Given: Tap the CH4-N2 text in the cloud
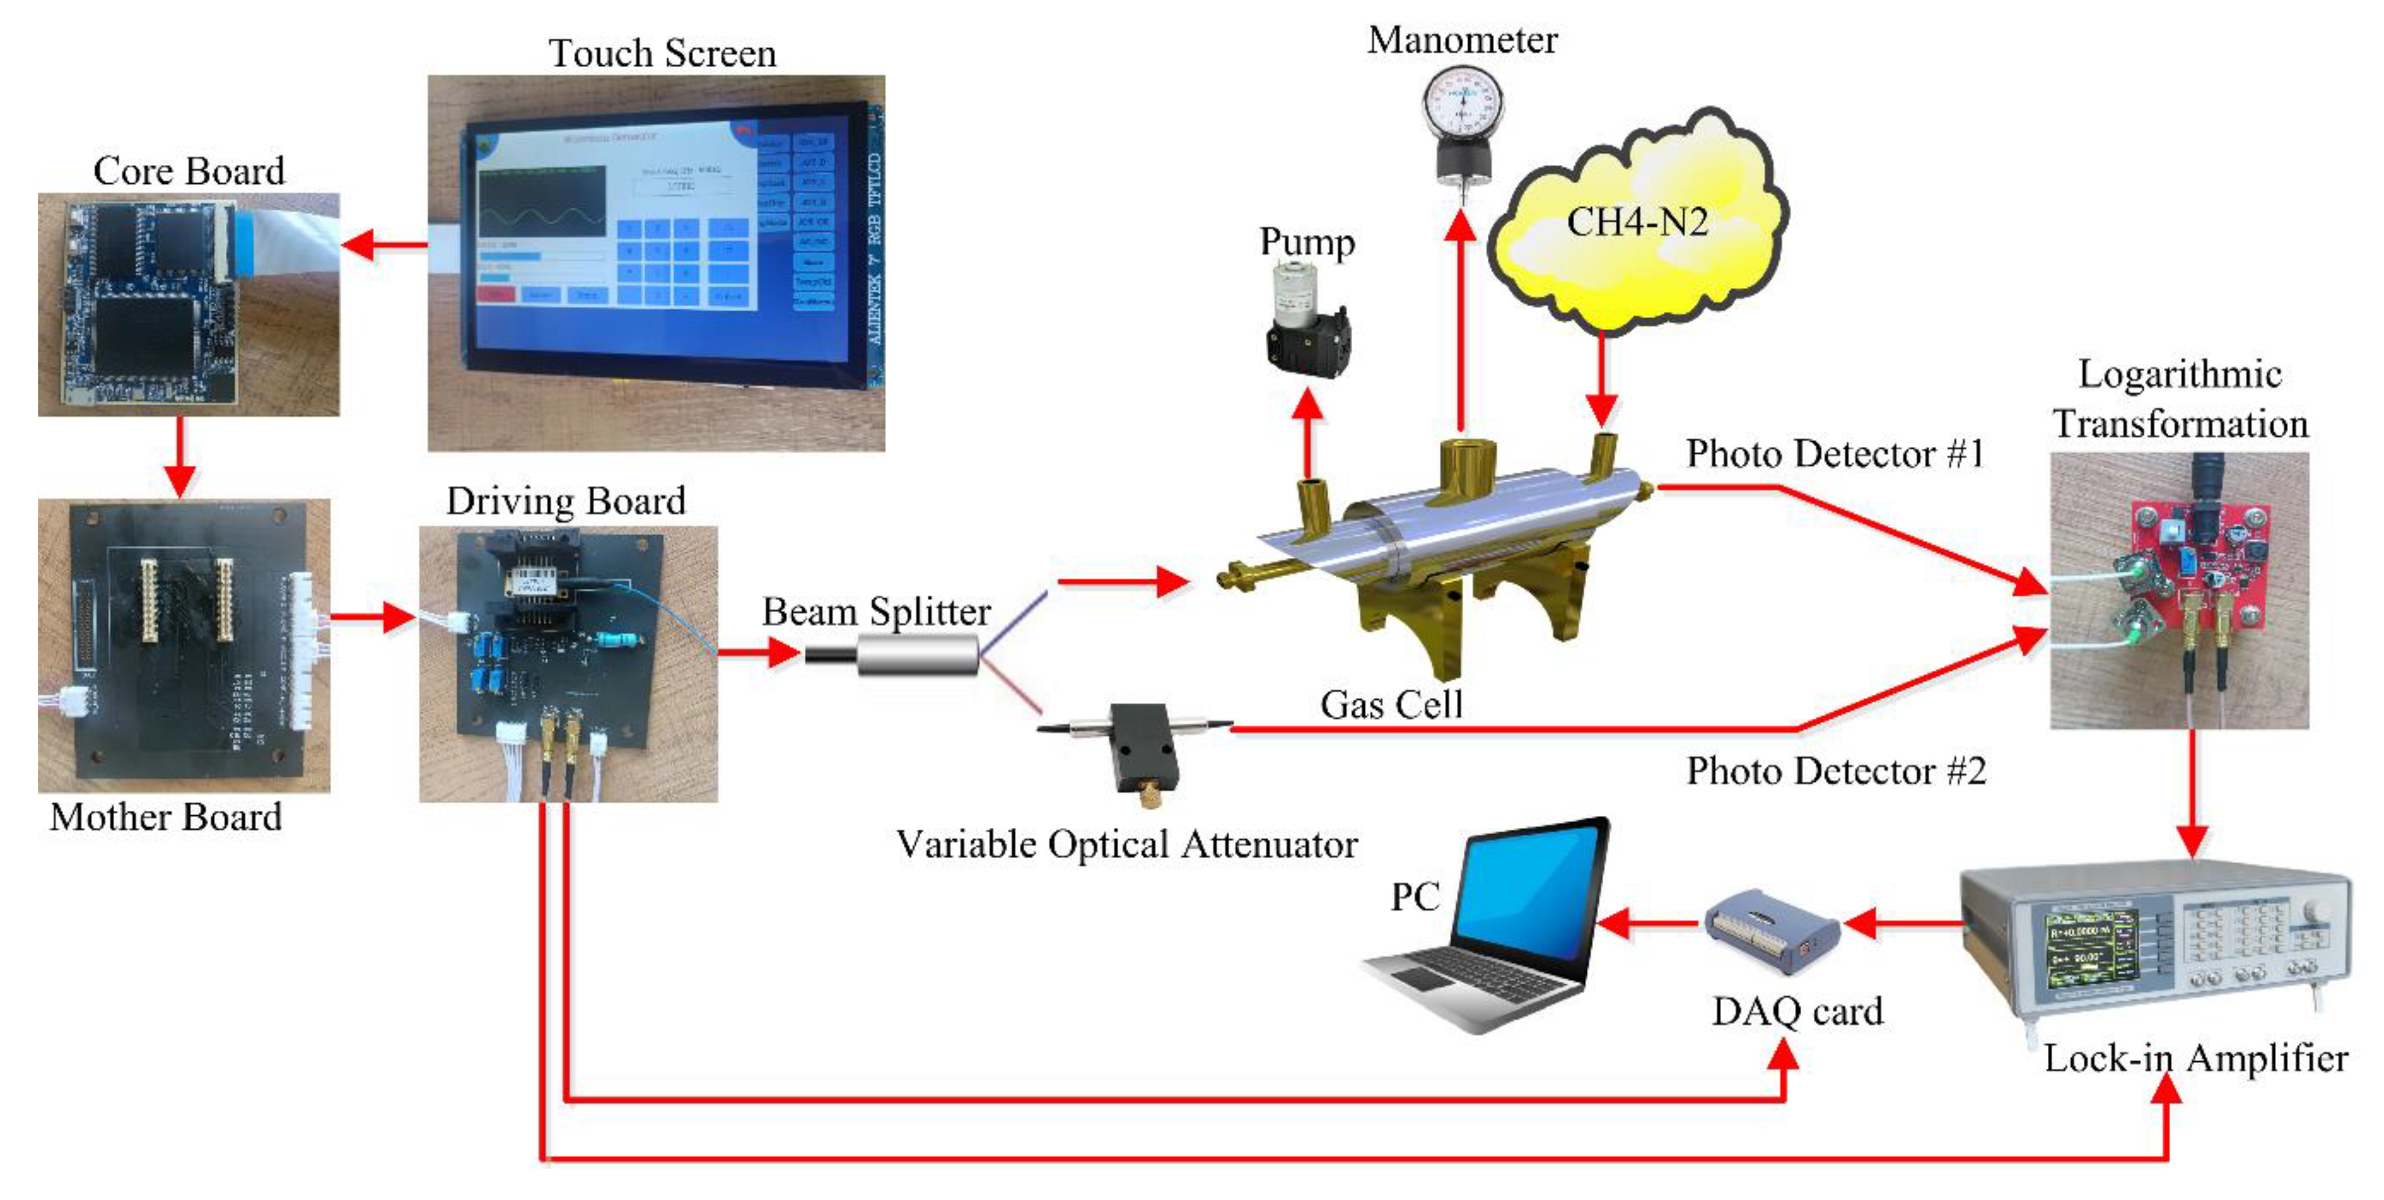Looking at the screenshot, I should pyautogui.click(x=1636, y=222).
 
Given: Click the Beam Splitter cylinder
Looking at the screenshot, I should pyautogui.click(x=916, y=655).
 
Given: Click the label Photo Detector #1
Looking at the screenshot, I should pyautogui.click(x=1835, y=454).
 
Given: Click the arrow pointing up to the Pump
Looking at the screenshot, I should pyautogui.click(x=1306, y=431).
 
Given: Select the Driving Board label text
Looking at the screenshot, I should pyautogui.click(x=566, y=501).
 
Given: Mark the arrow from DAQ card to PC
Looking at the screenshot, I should pyautogui.click(x=1647, y=922).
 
